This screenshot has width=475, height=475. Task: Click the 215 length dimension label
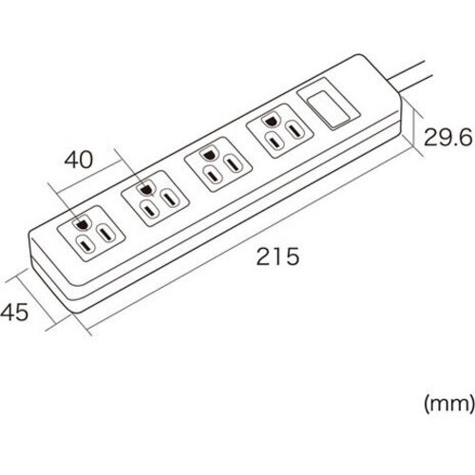tap(277, 256)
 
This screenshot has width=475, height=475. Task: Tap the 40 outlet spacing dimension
tap(79, 160)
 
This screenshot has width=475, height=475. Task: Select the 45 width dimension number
tap(14, 313)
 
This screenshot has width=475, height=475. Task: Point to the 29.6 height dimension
tap(447, 137)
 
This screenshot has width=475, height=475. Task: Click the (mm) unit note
tap(449, 404)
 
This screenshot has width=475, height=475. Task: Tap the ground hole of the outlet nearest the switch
tap(270, 121)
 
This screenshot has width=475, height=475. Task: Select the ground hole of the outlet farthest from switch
tap(82, 224)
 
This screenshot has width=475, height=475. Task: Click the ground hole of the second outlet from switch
tap(208, 155)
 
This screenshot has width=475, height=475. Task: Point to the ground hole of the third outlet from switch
tap(144, 189)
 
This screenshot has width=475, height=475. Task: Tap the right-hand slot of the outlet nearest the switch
tap(295, 130)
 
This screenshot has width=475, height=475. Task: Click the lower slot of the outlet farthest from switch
tap(85, 245)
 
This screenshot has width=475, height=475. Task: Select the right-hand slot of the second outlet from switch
tap(234, 164)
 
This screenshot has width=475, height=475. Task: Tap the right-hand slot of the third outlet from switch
tap(170, 199)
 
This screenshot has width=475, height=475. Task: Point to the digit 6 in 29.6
tap(465, 137)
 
